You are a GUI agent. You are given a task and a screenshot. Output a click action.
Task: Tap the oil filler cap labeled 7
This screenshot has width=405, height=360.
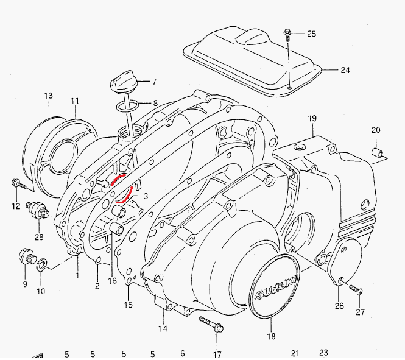pyautogui.click(x=125, y=82)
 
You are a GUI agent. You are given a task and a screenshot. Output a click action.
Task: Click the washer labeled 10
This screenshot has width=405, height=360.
pyautogui.click(x=41, y=265)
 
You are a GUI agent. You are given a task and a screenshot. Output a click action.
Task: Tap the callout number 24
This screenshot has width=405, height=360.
pyautogui.click(x=345, y=70)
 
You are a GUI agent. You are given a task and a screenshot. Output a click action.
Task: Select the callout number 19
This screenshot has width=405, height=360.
pyautogui.click(x=312, y=118)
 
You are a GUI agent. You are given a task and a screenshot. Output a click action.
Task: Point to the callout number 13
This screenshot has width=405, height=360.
pyautogui.click(x=48, y=96)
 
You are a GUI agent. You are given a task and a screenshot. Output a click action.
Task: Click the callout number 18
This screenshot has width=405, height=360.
pyautogui.click(x=271, y=336)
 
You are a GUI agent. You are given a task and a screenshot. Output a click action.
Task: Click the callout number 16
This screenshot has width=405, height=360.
pyautogui.click(x=112, y=281)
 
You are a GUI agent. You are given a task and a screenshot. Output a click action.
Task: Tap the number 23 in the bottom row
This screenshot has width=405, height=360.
pyautogui.click(x=323, y=353)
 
